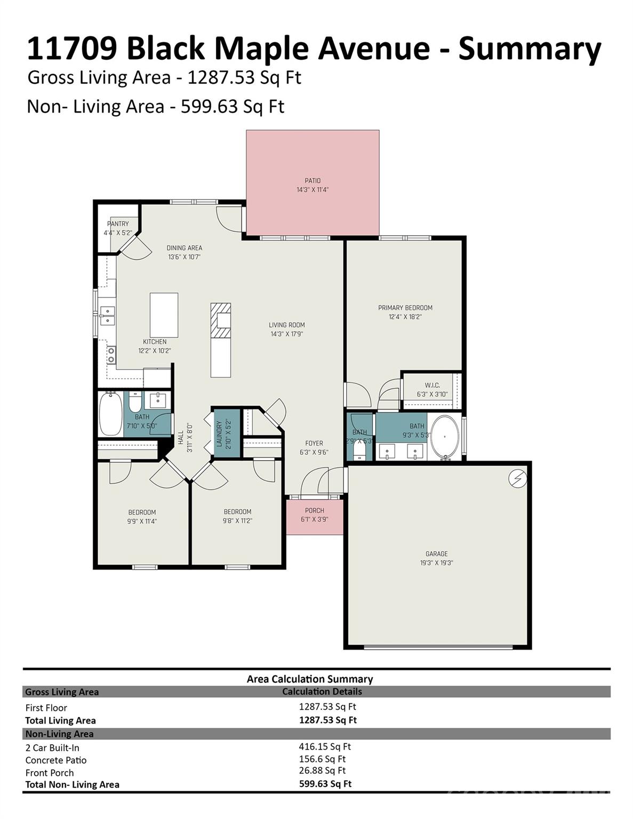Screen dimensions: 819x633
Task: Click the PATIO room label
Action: coord(313,181)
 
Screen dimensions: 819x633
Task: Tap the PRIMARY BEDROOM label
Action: coord(405,308)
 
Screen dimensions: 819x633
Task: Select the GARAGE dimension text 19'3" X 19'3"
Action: coord(436,563)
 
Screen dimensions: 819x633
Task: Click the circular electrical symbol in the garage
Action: coord(518,479)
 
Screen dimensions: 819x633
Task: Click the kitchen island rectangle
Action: coord(164,315)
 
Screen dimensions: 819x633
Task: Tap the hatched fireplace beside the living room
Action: coord(220,320)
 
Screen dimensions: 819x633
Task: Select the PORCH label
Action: coord(314,510)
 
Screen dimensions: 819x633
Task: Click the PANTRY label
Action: coord(118,224)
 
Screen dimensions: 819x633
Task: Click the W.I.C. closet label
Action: coord(432,385)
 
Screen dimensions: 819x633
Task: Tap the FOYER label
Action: coord(314,443)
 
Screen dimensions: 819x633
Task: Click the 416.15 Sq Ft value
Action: coord(325,746)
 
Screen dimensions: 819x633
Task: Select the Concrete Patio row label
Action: coord(56,760)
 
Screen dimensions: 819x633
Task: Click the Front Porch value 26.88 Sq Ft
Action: coord(322,770)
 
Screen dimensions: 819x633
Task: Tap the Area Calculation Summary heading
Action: coord(309,679)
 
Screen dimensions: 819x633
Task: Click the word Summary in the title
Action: coord(530,48)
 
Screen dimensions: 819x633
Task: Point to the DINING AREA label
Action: coord(184,248)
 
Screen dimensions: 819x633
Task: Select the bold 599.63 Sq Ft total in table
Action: coord(325,784)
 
